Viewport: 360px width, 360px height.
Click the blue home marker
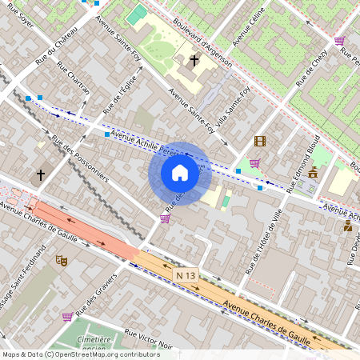(x=180, y=173)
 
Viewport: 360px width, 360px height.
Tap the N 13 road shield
(x=186, y=274)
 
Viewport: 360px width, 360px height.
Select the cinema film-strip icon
(x=259, y=141)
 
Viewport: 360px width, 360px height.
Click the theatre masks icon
(x=61, y=260)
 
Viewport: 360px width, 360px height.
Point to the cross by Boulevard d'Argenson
(x=194, y=60)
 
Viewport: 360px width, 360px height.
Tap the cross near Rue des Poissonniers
(x=41, y=174)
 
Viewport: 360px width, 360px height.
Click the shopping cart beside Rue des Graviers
(x=67, y=316)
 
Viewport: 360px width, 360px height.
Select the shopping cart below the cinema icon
(x=254, y=163)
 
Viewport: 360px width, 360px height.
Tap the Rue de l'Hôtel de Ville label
(x=264, y=240)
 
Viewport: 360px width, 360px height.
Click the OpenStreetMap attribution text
(x=80, y=354)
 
